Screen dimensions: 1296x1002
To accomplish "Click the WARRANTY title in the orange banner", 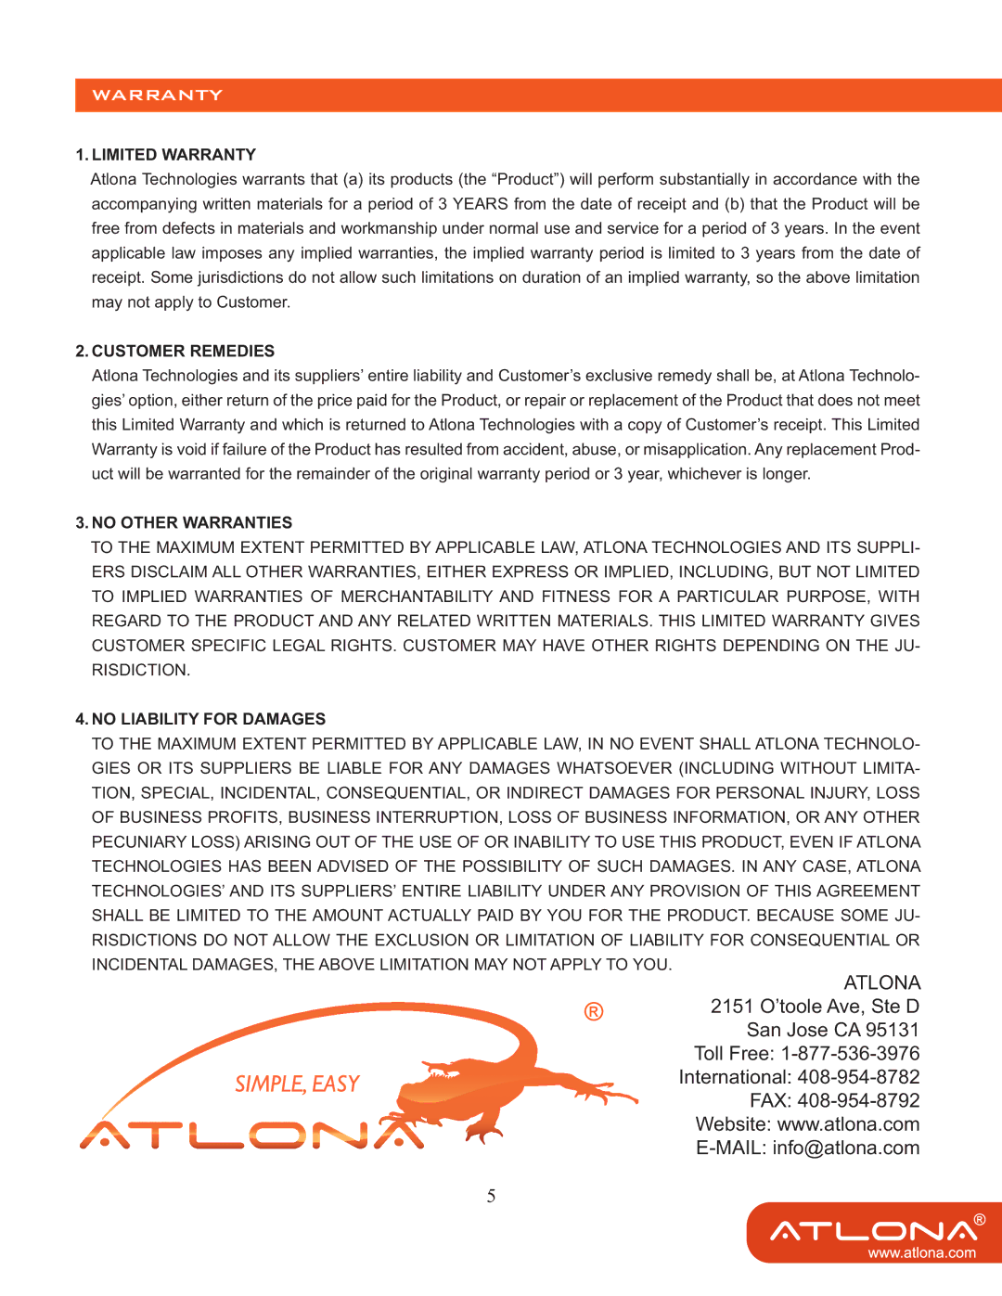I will coord(157,96).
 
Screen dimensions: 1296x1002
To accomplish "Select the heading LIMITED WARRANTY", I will coord(173,155).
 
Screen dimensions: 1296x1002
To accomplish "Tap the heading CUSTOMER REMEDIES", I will coord(183,352).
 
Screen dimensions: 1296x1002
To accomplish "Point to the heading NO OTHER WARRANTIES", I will coord(192,523).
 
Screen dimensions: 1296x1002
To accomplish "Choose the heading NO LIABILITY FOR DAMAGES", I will coord(209,719).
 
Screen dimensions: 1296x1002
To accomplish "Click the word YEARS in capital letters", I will coord(481,204).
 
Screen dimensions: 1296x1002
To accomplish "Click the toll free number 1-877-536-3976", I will coord(850,1054).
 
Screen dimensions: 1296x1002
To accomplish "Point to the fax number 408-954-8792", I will coord(858,1101).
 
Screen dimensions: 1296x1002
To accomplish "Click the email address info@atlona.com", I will coord(845,1148).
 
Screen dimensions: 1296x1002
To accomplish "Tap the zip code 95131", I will coord(892,1031).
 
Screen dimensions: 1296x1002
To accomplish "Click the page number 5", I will coord(491,1197).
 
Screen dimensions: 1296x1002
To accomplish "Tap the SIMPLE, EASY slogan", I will coord(297,1084).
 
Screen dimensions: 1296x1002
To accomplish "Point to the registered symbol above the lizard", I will coord(594,1011).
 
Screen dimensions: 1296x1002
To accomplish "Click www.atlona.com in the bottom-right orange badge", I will coord(921,1253).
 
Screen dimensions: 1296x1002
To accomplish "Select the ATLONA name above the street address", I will coord(881,983).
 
